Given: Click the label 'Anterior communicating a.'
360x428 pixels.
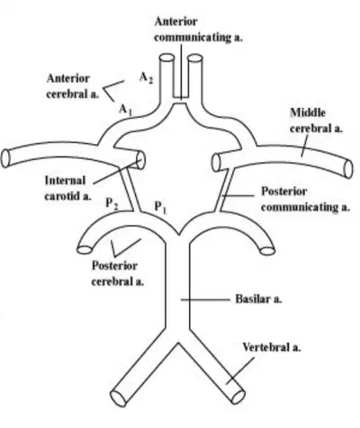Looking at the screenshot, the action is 198,30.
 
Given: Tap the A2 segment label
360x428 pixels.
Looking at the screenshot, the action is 147,78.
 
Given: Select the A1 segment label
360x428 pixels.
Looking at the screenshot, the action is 125,110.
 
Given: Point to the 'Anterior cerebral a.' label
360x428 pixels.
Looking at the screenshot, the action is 72,86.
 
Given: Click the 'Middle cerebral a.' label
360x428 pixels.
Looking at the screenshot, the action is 316,120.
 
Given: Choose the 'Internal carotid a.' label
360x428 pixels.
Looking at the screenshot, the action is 67,188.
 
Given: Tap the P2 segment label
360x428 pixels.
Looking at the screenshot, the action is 112,204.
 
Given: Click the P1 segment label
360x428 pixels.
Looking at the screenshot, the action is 160,207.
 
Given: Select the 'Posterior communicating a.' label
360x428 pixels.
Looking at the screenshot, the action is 305,200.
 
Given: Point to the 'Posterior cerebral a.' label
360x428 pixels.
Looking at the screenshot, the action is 118,273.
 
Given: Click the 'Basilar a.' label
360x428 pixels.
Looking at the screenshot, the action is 258,299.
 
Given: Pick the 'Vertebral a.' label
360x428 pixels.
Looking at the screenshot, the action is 272,347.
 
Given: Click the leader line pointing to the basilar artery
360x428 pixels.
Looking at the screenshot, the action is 205,299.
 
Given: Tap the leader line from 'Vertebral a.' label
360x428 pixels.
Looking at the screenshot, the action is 240,370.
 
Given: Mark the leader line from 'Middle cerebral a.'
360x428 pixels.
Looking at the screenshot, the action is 305,146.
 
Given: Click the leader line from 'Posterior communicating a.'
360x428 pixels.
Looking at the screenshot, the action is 238,196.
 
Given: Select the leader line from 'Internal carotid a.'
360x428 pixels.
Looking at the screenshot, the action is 117,172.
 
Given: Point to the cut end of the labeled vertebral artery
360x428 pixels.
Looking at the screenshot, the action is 238,397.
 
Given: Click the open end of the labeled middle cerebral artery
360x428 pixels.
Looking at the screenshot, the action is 348,169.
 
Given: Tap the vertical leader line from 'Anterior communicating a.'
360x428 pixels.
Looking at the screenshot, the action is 181,72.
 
